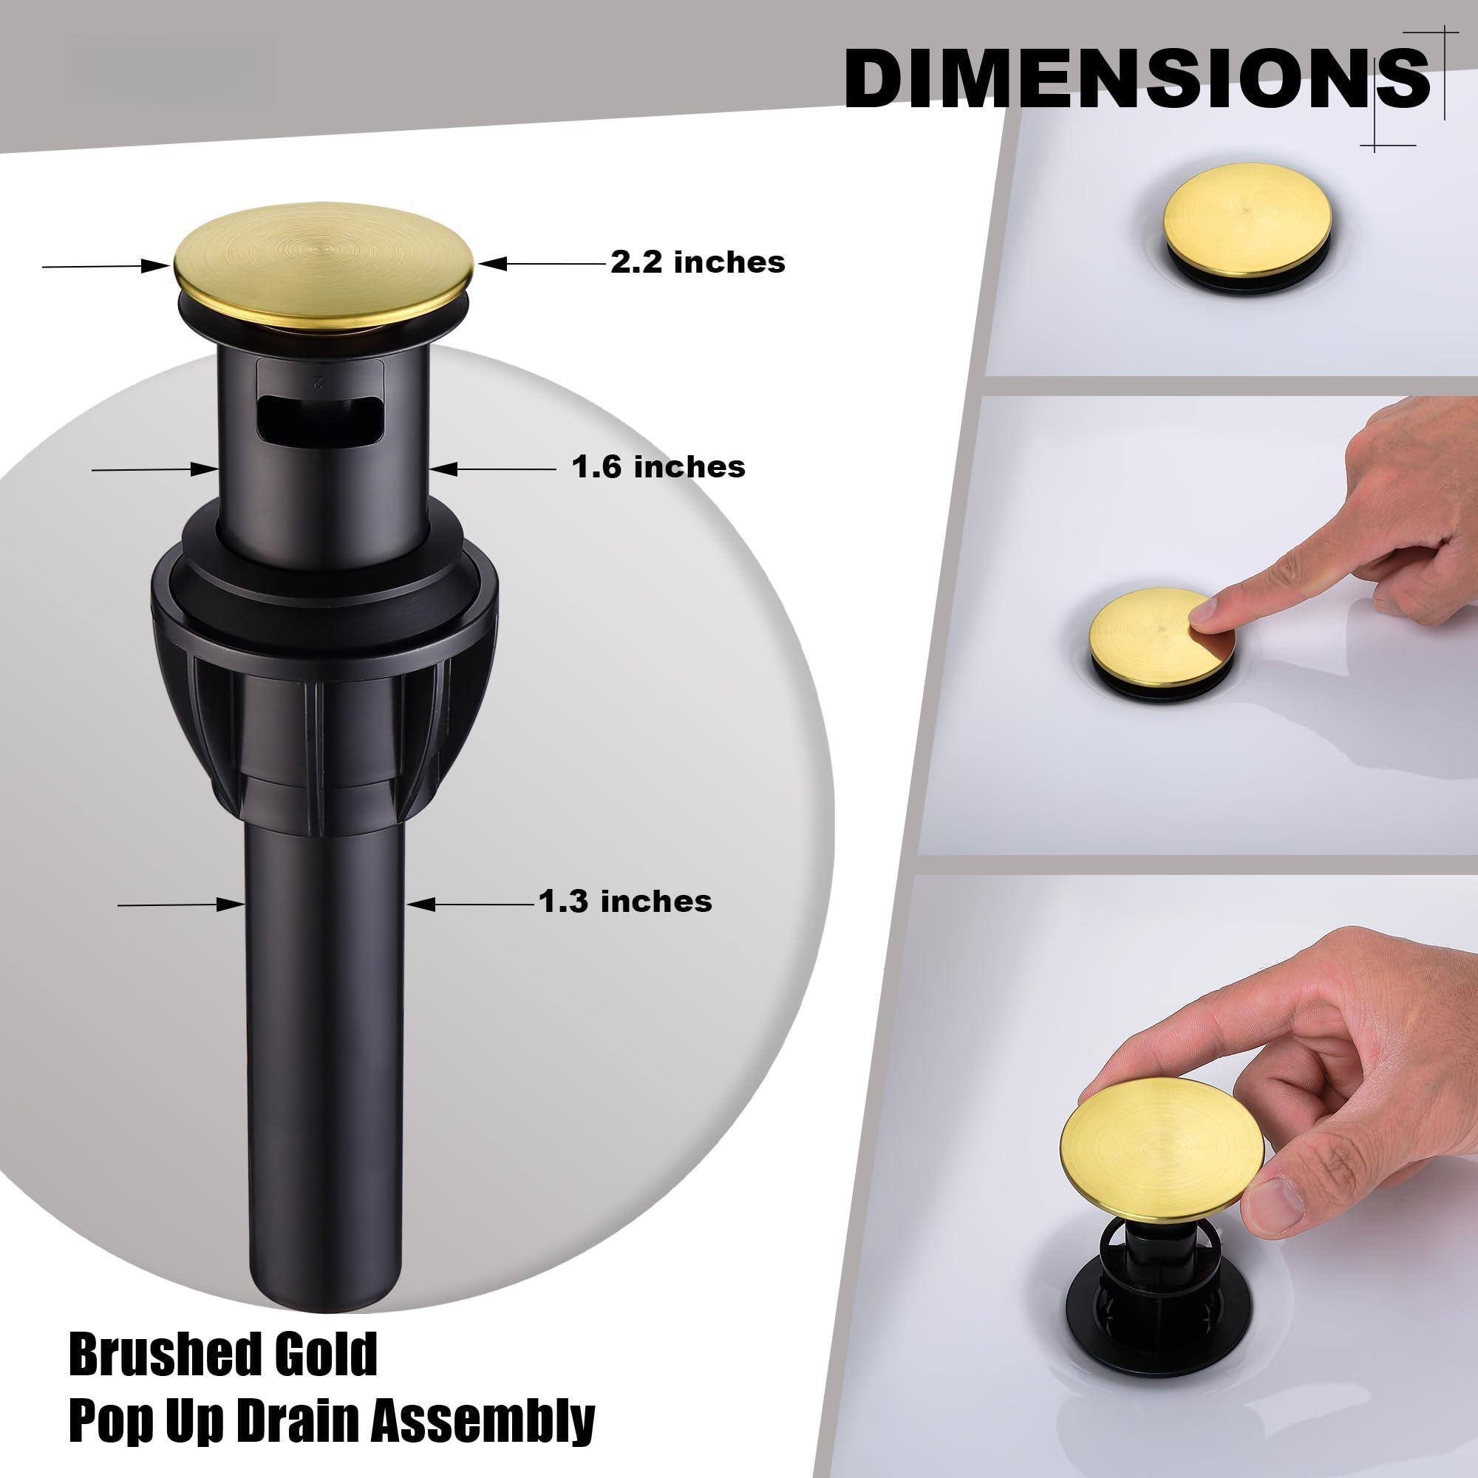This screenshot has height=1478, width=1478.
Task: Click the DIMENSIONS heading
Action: [1136, 79]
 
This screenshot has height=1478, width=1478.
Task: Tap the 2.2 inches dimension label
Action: [698, 262]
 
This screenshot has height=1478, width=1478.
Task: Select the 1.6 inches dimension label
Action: [658, 466]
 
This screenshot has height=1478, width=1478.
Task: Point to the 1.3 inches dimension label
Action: [626, 901]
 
